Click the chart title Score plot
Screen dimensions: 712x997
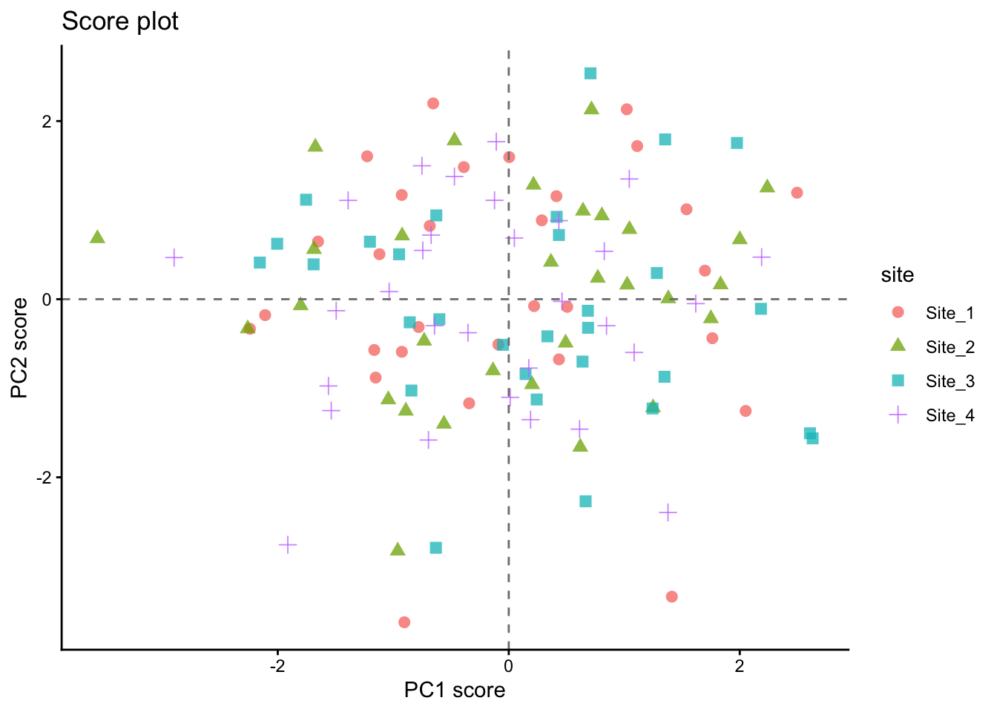pos(120,22)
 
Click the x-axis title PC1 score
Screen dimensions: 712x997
pos(454,690)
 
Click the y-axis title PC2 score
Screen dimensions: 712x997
pos(19,347)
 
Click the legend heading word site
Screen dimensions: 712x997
pos(897,275)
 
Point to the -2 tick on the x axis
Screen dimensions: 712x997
pos(277,666)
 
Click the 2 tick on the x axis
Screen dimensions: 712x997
pos(739,666)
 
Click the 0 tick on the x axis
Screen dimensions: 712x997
pos(508,666)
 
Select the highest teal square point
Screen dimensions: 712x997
pos(590,73)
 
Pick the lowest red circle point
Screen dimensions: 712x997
pos(404,622)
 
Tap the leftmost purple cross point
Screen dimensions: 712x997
pos(174,257)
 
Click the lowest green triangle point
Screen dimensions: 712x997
pos(398,550)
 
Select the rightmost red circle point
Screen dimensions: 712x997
pos(797,193)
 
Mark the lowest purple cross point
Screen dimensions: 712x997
pos(288,544)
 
